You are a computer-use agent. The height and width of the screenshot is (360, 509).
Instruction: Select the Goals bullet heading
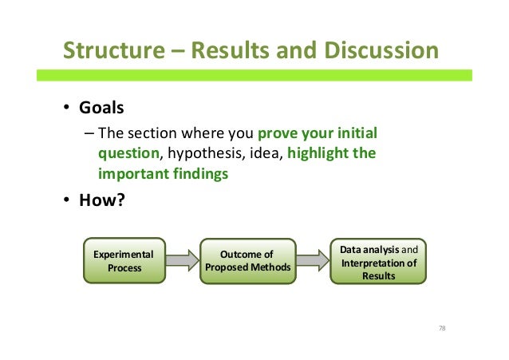(x=101, y=108)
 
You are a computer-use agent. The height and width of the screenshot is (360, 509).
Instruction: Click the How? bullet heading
(x=101, y=200)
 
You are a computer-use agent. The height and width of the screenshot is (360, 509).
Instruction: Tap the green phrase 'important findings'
(x=162, y=172)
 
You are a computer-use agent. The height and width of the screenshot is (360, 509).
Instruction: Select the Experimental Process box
(x=124, y=261)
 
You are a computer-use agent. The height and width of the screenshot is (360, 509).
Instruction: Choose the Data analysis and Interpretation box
(x=378, y=261)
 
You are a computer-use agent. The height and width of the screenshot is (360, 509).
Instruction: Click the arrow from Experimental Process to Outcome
(x=182, y=261)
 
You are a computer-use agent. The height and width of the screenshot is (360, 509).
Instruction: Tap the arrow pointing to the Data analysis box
(x=311, y=261)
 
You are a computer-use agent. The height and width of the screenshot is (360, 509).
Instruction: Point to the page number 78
(x=442, y=328)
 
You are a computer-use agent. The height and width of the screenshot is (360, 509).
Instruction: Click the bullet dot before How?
(x=69, y=200)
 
